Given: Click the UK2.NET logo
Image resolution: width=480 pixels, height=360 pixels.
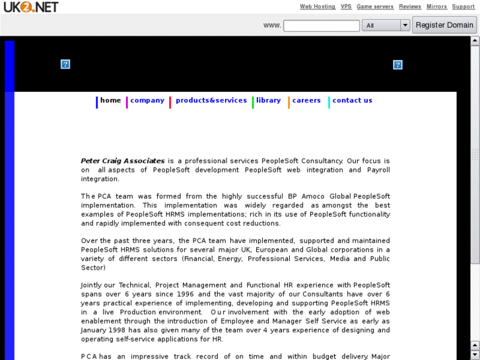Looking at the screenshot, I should point(30,7).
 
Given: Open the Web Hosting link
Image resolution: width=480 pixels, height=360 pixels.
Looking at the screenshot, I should point(318,7).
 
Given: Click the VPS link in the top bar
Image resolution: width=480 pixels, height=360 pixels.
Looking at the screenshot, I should point(346,7).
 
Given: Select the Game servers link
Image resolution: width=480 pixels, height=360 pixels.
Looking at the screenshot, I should point(375,7).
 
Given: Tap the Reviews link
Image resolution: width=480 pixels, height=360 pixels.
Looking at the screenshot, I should point(410,7).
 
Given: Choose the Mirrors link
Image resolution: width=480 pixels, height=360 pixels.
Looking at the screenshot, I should point(436,7).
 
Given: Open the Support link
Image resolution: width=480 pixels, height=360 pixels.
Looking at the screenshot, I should point(463,7).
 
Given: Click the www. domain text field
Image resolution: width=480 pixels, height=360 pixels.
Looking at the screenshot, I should point(321,25).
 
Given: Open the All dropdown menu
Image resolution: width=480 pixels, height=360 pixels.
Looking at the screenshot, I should point(386,25).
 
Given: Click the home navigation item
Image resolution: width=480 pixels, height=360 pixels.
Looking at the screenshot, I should point(110,100).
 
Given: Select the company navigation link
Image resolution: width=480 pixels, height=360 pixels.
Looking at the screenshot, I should point(147,100).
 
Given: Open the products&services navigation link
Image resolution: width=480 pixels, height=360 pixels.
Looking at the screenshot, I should point(211,100).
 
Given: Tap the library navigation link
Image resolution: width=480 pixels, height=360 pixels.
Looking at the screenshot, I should point(269,100).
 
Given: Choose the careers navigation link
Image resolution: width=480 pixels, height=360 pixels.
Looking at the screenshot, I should point(306,100).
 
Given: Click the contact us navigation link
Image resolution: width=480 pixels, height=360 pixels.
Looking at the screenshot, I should point(352,100).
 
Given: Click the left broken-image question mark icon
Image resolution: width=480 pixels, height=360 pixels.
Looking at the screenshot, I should point(65,64).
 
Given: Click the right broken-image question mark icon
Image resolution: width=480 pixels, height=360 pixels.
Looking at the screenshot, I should point(397,65).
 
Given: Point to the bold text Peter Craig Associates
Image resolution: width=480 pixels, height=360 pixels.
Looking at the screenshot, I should point(123,161).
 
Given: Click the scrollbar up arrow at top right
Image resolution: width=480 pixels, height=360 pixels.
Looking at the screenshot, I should point(475,40).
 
